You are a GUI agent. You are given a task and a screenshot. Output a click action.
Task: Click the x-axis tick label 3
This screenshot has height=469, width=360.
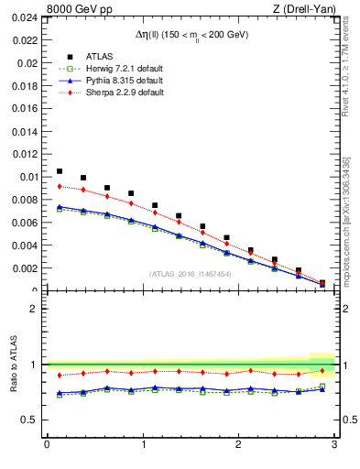click(x=334, y=446)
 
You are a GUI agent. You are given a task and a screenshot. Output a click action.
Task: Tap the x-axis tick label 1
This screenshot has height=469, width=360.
click(x=143, y=446)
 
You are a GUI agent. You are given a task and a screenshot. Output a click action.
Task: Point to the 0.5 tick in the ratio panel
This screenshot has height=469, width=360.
click(x=30, y=420)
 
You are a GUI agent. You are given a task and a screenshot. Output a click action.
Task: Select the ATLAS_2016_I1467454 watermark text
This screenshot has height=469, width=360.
click(x=191, y=274)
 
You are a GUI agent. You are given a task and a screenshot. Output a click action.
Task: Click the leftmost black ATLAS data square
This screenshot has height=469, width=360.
click(x=60, y=171)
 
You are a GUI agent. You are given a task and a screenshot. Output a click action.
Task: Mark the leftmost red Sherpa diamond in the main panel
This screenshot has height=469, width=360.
click(x=60, y=186)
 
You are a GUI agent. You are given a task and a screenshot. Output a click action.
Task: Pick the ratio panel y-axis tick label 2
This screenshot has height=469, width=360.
click(x=35, y=309)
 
